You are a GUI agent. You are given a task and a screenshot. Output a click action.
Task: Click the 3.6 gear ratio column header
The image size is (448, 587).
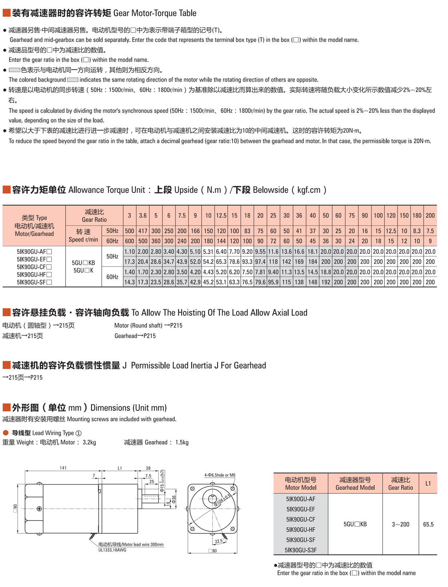143,216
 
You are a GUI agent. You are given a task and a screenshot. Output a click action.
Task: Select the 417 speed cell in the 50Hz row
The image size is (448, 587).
143,231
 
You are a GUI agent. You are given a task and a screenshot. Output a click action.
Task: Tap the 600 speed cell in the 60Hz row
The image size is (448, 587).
130,241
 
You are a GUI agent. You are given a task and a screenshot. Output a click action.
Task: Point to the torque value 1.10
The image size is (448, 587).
130,252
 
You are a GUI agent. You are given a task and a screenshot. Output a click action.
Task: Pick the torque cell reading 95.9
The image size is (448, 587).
273,282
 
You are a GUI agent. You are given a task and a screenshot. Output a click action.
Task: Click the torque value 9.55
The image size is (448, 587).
260,252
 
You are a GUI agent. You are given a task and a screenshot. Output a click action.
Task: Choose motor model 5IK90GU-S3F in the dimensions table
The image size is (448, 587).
301,550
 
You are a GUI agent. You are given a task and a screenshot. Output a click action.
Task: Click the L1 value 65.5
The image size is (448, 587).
428,524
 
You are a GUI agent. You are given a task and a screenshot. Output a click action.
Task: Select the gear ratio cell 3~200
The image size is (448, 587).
400,524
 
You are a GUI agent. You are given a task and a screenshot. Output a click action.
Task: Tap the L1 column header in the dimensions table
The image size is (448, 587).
428,483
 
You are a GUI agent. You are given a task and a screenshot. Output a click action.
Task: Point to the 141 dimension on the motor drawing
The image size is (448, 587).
63,468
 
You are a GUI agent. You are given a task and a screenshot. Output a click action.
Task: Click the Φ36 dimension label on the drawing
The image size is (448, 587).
174,499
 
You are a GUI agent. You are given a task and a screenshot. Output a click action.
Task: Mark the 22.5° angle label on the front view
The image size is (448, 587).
219,541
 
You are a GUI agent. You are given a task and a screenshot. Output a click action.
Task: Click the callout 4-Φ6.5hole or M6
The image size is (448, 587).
220,475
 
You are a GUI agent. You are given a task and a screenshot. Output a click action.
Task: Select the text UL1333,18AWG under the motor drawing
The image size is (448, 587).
112,550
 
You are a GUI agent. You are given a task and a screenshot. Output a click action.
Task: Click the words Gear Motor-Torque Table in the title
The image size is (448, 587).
155,13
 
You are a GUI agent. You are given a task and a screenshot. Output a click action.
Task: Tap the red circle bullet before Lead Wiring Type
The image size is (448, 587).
6,433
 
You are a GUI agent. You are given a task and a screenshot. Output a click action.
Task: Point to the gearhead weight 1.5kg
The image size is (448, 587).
182,443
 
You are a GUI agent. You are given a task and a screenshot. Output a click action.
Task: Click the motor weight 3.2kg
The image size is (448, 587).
89,443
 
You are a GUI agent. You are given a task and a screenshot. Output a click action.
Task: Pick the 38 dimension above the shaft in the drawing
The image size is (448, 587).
148,468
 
